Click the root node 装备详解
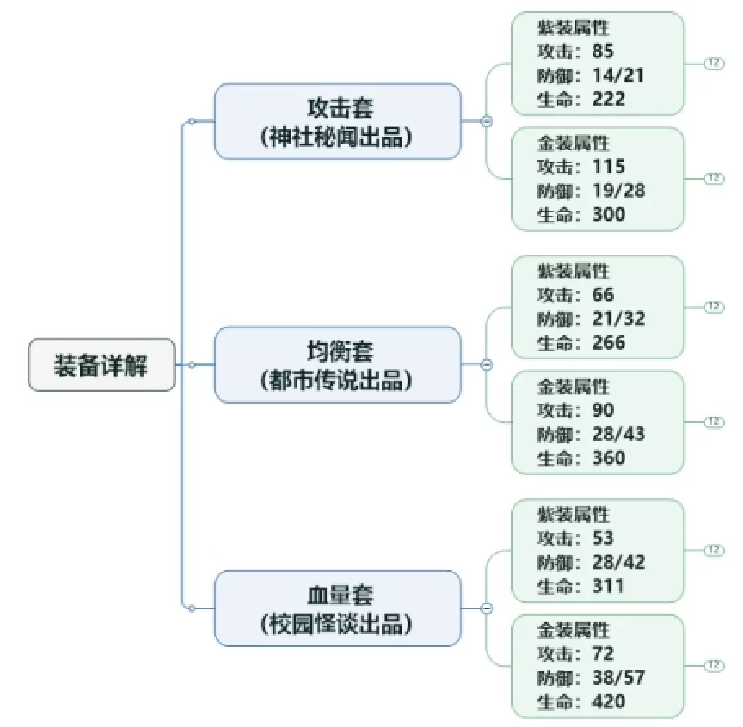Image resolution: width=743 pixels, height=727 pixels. [102, 365]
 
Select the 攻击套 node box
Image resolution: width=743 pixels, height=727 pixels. [338, 122]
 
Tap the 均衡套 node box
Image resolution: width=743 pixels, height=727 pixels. [338, 364]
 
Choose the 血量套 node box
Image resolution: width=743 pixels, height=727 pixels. [338, 609]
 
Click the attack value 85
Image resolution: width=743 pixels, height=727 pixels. [603, 51]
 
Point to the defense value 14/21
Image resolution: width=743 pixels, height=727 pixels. [618, 75]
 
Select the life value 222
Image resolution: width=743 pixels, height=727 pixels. [609, 99]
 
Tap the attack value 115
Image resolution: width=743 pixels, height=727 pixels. [609, 167]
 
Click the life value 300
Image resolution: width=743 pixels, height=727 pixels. [609, 214]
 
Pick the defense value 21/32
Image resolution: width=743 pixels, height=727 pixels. [619, 319]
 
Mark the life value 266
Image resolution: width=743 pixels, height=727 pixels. [609, 342]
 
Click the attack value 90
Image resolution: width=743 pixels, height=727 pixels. [603, 410]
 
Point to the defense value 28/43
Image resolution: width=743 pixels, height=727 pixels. [619, 434]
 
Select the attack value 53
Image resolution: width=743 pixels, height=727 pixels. [603, 538]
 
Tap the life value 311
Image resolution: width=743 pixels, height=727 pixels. [608, 587]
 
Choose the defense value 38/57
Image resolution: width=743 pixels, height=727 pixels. [619, 678]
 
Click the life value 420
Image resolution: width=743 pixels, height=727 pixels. [609, 702]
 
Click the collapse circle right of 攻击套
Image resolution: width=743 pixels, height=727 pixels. [487, 122]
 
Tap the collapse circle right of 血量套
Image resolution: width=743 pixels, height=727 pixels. [487, 609]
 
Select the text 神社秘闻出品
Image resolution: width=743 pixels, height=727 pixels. [336, 137]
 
